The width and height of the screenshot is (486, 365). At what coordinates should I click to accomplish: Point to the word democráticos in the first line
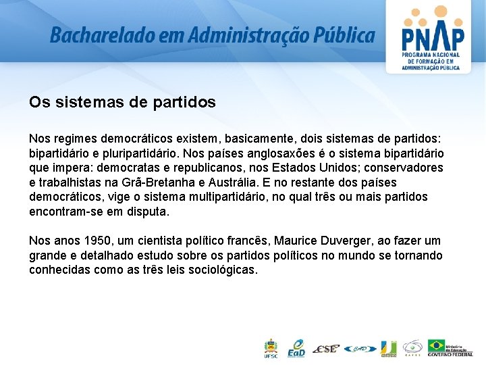point(148,138)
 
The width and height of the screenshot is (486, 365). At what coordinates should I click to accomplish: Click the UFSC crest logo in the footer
point(270,347)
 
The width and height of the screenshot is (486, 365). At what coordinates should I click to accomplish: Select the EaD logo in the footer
point(296,347)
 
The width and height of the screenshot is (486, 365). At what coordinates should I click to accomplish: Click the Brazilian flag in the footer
point(437,346)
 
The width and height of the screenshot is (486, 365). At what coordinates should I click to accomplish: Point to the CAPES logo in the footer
point(412,349)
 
